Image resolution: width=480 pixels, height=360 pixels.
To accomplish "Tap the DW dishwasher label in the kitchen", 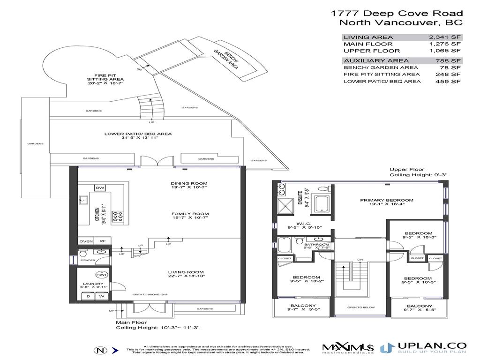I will tap(100, 188).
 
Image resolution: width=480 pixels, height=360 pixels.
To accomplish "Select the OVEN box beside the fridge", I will tap(86, 241).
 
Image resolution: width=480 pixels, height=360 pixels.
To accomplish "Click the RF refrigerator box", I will tap(103, 241).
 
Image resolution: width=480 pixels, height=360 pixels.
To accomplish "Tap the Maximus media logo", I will tap(347, 348).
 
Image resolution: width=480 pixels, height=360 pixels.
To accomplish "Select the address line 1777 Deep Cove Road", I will tap(396, 14).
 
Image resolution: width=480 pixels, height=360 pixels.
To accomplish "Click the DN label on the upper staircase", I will tap(360, 260).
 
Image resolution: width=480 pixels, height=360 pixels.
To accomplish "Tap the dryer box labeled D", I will tap(89, 296).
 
